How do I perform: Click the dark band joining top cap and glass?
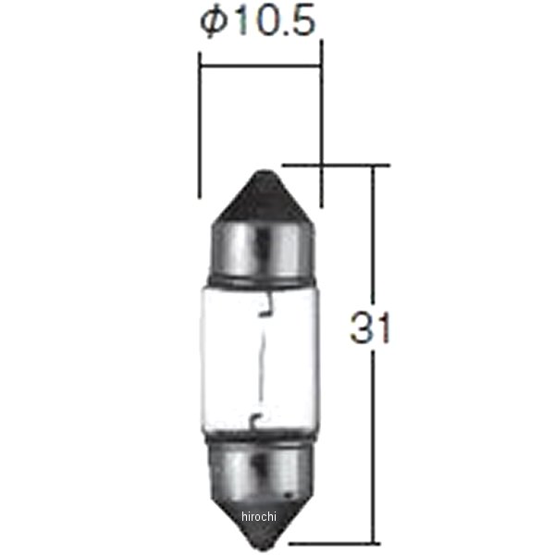(260, 280)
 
